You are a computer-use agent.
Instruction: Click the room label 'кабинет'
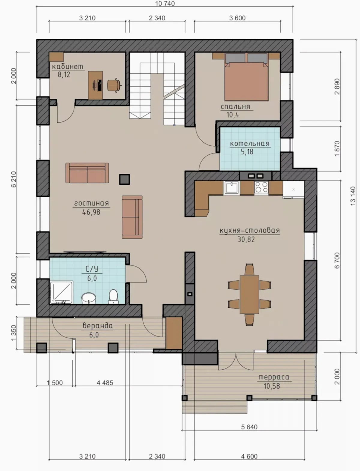67,67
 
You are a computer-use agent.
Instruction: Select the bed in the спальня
246,77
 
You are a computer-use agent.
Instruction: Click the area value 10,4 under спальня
233,115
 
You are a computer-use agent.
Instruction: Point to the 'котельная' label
250,144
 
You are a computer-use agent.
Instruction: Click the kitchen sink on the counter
232,188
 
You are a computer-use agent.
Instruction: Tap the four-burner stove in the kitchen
262,187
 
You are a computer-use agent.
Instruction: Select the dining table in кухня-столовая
249,294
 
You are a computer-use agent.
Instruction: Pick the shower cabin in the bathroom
61,292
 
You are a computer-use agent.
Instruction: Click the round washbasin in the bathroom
89,298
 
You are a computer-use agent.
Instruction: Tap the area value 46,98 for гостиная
91,212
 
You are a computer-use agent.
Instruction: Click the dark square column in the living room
124,179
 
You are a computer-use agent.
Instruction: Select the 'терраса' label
274,377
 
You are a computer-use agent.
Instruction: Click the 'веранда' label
98,326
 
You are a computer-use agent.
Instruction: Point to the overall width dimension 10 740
165,3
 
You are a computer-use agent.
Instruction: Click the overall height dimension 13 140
353,196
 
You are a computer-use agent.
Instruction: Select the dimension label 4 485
105,383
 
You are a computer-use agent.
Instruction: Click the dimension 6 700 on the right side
337,260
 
